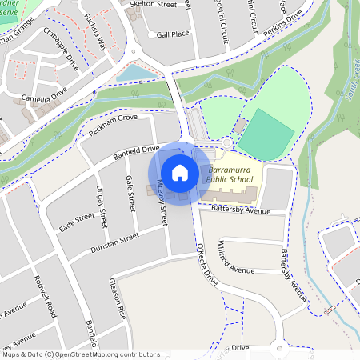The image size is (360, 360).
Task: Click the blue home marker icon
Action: coord(180,173)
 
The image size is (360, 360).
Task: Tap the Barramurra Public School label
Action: coord(229,175)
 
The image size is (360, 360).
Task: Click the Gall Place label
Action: coord(173,35)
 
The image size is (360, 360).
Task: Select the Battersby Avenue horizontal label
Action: coord(242,210)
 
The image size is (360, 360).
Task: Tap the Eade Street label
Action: coord(77,223)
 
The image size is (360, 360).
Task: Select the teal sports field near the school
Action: coord(265,133)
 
